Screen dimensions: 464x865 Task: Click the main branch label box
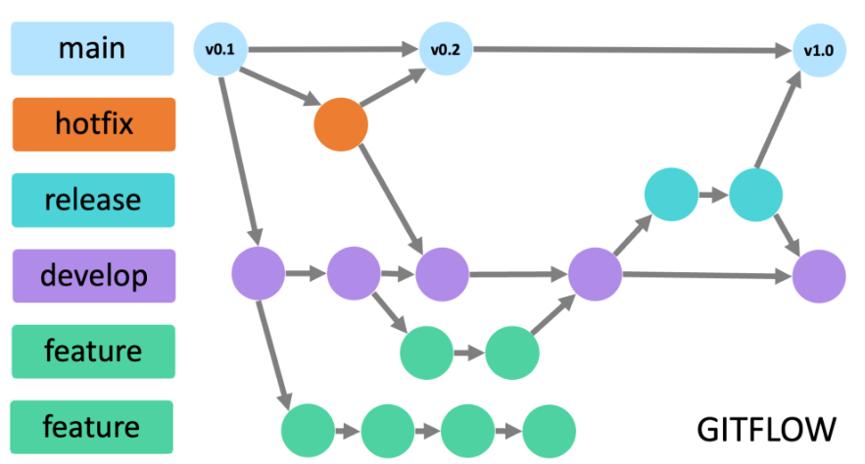click(93, 49)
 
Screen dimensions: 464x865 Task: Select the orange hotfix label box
click(93, 124)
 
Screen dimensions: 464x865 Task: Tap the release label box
click(93, 201)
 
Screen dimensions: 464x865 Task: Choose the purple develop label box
click(93, 276)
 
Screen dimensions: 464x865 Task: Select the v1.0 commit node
click(818, 51)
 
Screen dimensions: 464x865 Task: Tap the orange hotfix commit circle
click(341, 125)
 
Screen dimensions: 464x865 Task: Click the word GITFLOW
click(766, 429)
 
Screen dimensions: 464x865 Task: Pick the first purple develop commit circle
click(259, 274)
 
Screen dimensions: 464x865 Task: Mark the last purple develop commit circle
click(818, 276)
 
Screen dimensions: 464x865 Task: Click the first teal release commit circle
click(671, 194)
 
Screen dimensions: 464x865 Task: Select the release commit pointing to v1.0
click(755, 194)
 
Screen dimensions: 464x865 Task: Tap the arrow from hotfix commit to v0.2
click(392, 88)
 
